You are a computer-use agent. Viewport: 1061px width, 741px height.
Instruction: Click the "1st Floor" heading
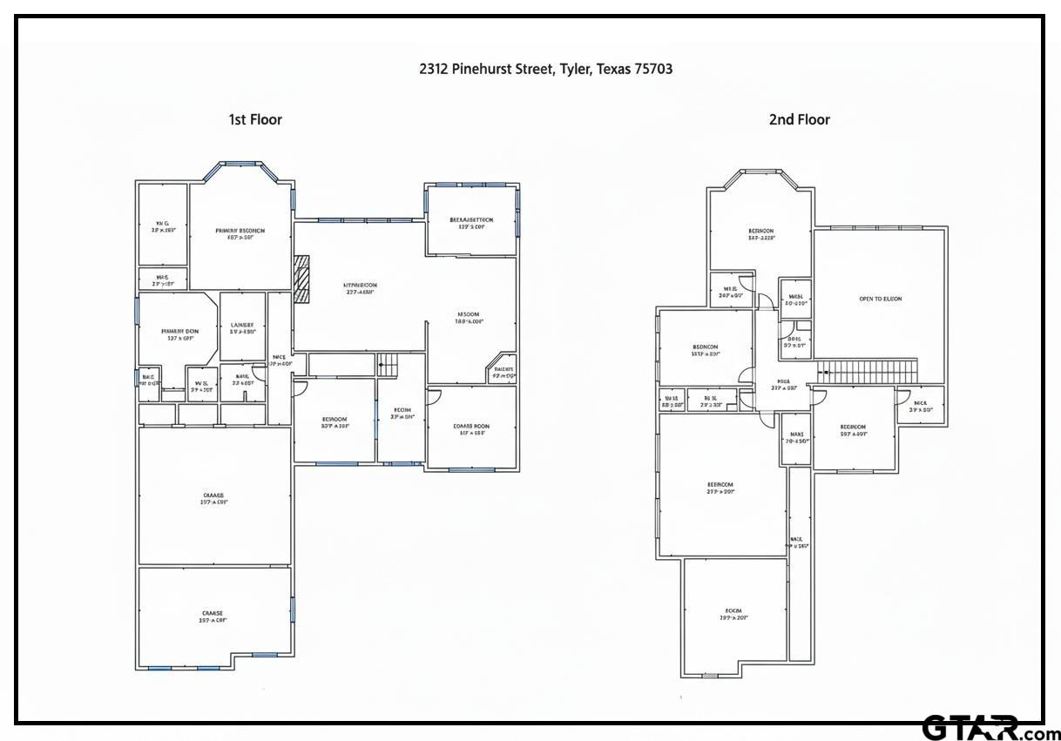pyautogui.click(x=255, y=119)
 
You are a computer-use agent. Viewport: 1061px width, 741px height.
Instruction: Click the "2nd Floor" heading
pyautogui.click(x=799, y=119)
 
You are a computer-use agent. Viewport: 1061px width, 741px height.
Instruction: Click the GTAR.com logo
pyautogui.click(x=990, y=728)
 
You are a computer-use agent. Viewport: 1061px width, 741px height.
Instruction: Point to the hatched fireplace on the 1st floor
pyautogui.click(x=302, y=280)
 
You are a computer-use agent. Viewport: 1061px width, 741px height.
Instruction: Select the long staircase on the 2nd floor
pyautogui.click(x=868, y=371)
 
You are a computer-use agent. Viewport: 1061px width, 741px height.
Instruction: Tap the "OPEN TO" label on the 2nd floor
pyautogui.click(x=880, y=299)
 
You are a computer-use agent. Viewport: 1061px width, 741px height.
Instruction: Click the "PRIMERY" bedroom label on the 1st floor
pyautogui.click(x=240, y=232)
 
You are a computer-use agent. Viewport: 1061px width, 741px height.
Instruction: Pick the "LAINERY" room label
pyautogui.click(x=241, y=324)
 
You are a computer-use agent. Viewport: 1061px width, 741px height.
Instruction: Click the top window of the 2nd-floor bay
pyautogui.click(x=760, y=171)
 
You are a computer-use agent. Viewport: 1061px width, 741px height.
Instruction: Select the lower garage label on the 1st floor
pyautogui.click(x=212, y=614)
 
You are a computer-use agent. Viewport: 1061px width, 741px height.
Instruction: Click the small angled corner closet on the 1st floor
pyautogui.click(x=503, y=370)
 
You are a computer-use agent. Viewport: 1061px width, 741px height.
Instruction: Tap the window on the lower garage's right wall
pyautogui.click(x=293, y=609)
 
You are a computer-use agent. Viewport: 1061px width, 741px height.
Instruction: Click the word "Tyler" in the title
pyautogui.click(x=575, y=69)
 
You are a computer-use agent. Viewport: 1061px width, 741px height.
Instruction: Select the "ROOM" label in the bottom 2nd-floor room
pyautogui.click(x=733, y=610)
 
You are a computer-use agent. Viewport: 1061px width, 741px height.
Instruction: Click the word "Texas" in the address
pyautogui.click(x=613, y=69)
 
